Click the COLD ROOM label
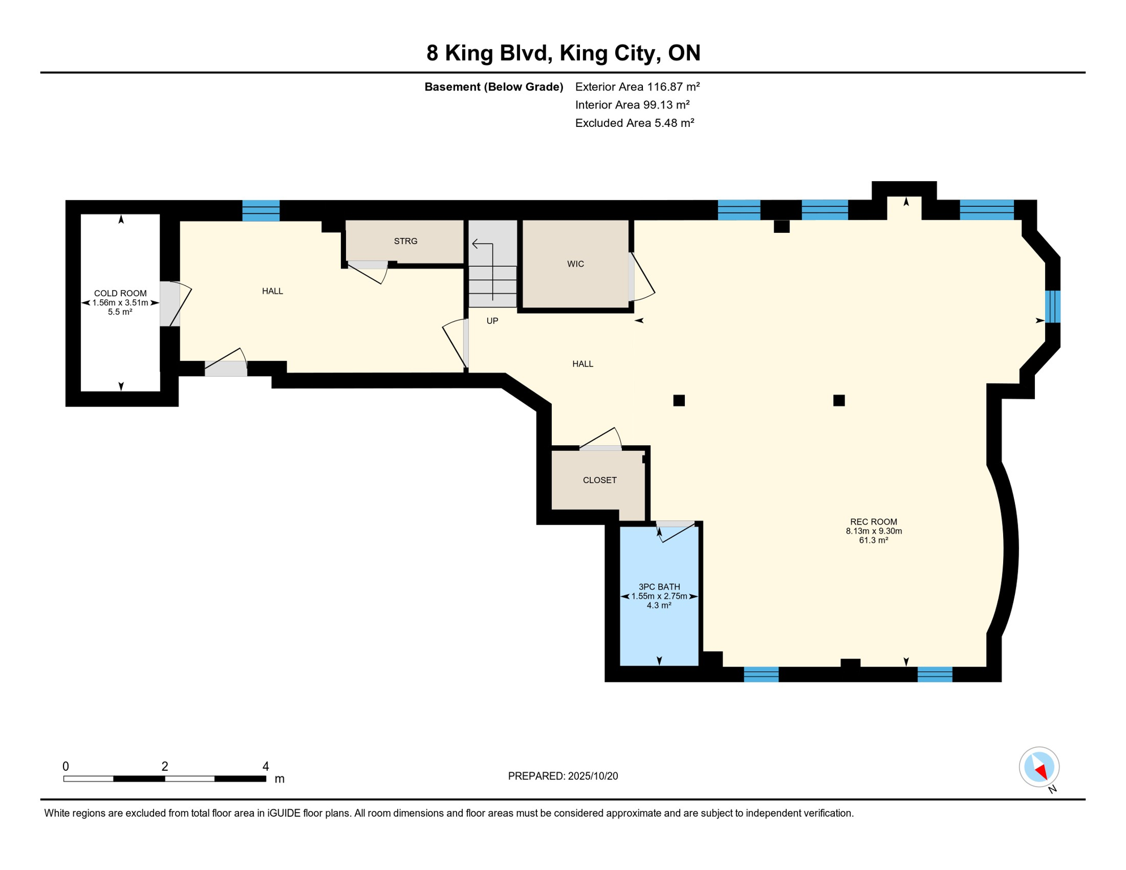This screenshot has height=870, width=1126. pyautogui.click(x=120, y=293)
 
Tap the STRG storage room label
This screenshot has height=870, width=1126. pyautogui.click(x=406, y=241)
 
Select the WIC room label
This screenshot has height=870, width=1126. pyautogui.click(x=575, y=264)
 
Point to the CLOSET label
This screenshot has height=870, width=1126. pyautogui.click(x=600, y=480)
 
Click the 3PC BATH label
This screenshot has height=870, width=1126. pyautogui.click(x=659, y=587)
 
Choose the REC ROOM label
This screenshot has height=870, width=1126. pyautogui.click(x=873, y=522)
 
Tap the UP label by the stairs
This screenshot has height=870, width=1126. pyautogui.click(x=492, y=321)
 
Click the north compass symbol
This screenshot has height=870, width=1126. pyautogui.click(x=1039, y=768)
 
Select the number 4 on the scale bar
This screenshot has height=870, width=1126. pyautogui.click(x=266, y=766)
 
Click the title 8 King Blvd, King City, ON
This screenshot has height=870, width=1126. pyautogui.click(x=564, y=53)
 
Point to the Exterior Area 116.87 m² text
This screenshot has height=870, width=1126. pyautogui.click(x=638, y=87)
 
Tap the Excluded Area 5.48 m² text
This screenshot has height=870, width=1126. pyautogui.click(x=635, y=123)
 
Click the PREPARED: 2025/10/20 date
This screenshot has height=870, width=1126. pyautogui.click(x=563, y=776)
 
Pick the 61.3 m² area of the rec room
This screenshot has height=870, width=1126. pyautogui.click(x=873, y=540)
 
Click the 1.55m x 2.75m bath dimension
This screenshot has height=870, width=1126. pyautogui.click(x=659, y=596)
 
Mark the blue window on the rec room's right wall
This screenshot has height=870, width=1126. pyautogui.click(x=1052, y=306)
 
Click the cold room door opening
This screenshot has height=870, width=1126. pyautogui.click(x=169, y=304)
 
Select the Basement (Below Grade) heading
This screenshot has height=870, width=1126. pyautogui.click(x=494, y=87)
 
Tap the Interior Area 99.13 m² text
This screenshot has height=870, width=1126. pyautogui.click(x=632, y=105)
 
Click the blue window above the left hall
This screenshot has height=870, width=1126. pyautogui.click(x=261, y=210)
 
